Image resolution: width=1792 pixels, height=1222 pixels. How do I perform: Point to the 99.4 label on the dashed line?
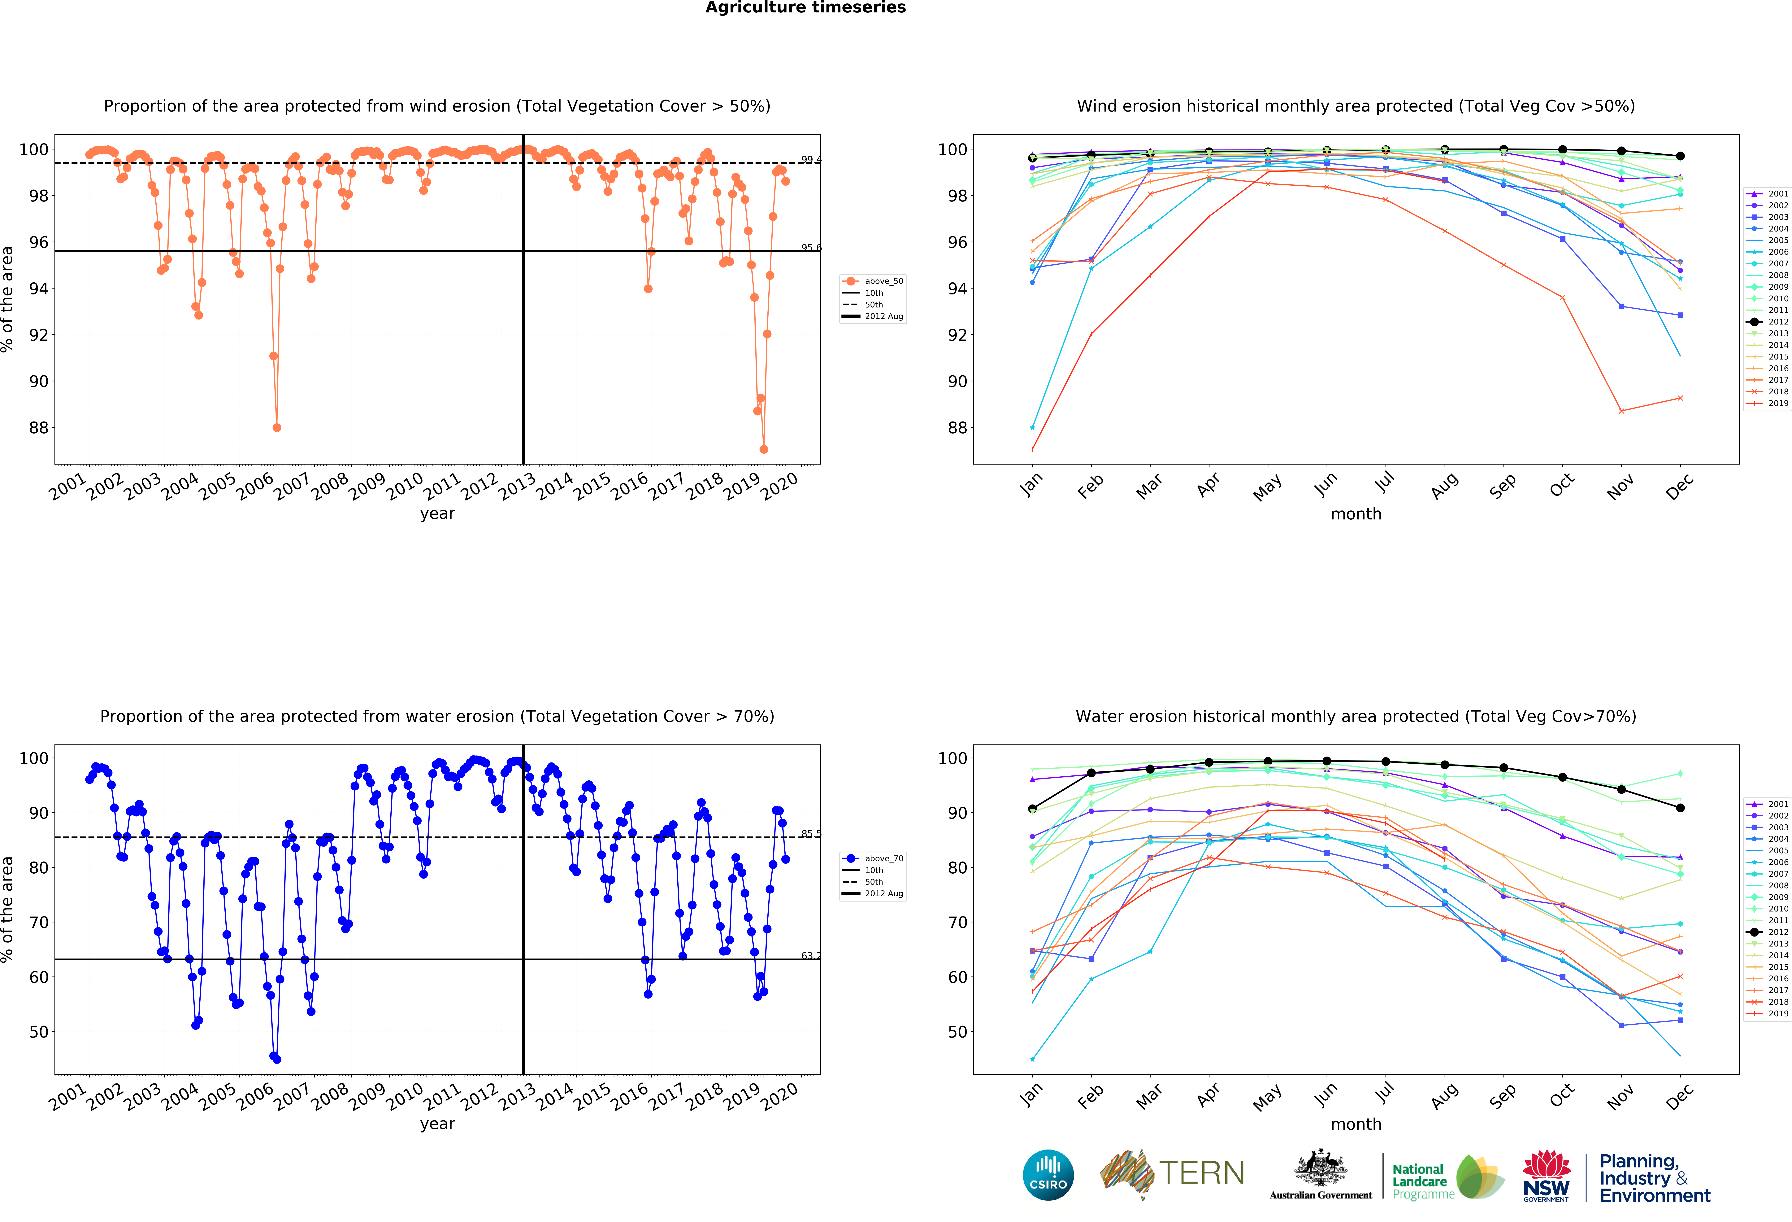(x=810, y=160)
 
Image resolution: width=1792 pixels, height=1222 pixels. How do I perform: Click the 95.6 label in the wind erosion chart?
(x=810, y=248)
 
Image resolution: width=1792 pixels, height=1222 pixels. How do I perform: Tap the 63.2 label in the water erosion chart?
(x=810, y=956)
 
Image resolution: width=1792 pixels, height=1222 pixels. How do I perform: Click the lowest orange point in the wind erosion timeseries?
(x=763, y=449)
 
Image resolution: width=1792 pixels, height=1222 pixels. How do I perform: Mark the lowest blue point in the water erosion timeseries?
(x=277, y=1059)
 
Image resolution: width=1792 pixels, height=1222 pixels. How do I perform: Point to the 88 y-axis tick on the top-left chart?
(x=39, y=427)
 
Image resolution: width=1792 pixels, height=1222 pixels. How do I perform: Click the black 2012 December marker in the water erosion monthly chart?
(x=1680, y=808)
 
